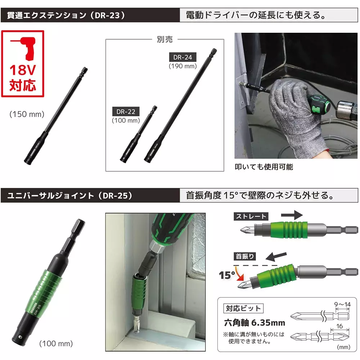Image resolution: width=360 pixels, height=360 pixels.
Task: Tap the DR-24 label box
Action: pos(183,57)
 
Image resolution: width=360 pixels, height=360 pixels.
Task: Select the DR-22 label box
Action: pos(126,112)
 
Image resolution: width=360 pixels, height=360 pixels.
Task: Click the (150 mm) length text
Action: pos(27,114)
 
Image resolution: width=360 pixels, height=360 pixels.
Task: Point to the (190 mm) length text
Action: pos(183,66)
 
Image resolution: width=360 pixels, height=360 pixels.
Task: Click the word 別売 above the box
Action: pos(165,40)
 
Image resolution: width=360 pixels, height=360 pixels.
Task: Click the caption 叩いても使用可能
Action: pos(264,167)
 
